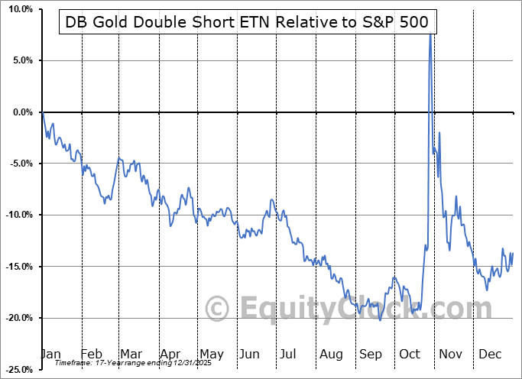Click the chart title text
pyautogui.click(x=247, y=23)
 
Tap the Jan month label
pyautogui.click(x=50, y=354)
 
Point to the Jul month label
pyautogui.click(x=290, y=354)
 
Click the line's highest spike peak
pyautogui.click(x=430, y=34)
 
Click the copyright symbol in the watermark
pyautogui.click(x=219, y=309)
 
